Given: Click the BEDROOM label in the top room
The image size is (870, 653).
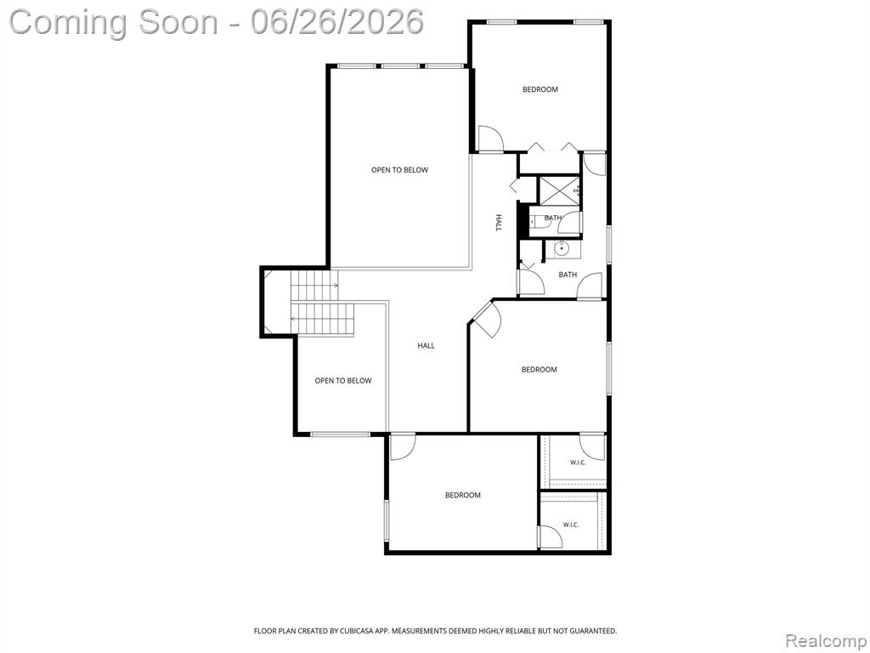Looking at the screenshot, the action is click(540, 89).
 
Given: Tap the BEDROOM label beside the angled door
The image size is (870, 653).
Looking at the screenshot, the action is click(539, 369).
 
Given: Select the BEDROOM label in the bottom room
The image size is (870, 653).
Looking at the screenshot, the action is click(463, 495).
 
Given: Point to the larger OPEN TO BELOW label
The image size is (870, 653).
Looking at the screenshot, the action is click(399, 170).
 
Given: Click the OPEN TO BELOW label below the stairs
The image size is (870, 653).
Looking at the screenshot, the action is click(343, 380).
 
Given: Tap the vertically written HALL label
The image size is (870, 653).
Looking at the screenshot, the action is click(498, 223).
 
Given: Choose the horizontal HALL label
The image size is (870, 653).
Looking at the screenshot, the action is click(427, 345).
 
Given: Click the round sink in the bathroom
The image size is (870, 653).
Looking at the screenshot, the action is click(562, 248).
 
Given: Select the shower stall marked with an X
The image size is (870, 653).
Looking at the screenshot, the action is click(560, 190).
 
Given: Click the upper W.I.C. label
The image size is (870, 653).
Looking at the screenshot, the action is click(578, 463).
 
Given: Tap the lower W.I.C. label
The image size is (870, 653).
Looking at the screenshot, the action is click(571, 525).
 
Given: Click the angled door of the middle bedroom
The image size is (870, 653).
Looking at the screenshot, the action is click(484, 319).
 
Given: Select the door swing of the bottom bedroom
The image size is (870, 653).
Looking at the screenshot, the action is click(402, 447).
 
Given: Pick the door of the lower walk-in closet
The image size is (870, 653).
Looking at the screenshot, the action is click(551, 537).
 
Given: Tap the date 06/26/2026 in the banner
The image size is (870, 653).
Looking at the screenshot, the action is click(336, 22).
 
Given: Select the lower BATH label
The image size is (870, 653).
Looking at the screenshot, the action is click(568, 275).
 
